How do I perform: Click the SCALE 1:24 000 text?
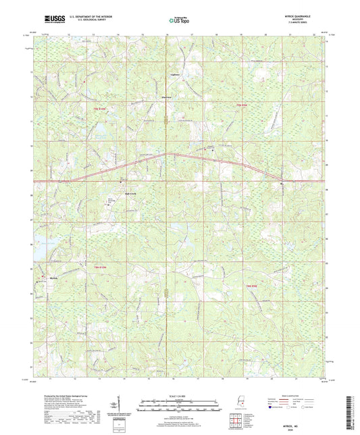point(180,396)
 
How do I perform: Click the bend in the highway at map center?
point(165,153)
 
